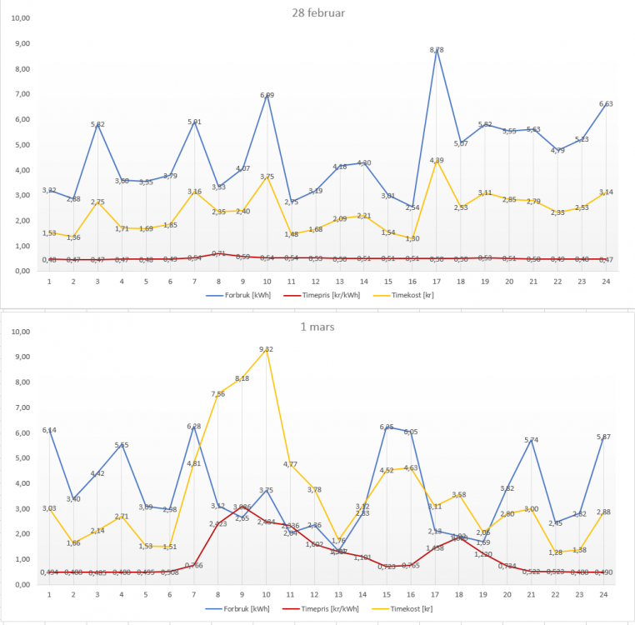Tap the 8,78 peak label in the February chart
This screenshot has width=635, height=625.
(436, 50)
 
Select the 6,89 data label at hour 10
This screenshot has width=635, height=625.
(267, 96)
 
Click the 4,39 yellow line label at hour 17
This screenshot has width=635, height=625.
(436, 160)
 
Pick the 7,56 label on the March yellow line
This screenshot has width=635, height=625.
(218, 394)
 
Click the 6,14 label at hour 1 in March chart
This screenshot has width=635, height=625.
(49, 430)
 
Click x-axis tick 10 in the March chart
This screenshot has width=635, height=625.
(267, 595)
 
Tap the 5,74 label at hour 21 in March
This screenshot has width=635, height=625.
(533, 440)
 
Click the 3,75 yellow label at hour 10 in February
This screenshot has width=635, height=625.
(267, 177)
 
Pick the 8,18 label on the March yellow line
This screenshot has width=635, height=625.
(242, 378)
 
